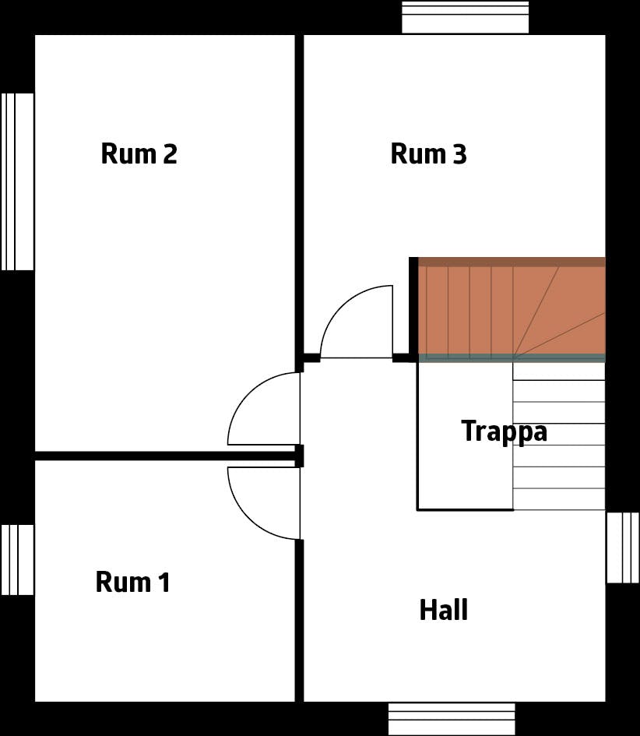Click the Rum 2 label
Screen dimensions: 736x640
coord(139,154)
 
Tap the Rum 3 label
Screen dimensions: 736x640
coord(428,154)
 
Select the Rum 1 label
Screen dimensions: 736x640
coord(132,582)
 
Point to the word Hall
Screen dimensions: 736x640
coord(444,610)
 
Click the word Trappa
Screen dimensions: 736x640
coord(504,431)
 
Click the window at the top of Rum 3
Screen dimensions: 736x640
coord(465,18)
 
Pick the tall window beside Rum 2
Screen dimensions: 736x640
coord(17,181)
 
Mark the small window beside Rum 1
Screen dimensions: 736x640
coord(17,559)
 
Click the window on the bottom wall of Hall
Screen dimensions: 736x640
coord(452,718)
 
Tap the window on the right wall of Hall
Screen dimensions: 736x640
coord(622,548)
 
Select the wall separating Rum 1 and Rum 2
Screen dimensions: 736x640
coord(164,456)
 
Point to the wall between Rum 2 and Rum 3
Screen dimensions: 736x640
coord(299,195)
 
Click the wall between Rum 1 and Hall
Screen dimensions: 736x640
coord(299,619)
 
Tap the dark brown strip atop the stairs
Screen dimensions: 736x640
coord(512,262)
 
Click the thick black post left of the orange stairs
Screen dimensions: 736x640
coord(413,308)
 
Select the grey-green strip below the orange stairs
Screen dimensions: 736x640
coord(512,357)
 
